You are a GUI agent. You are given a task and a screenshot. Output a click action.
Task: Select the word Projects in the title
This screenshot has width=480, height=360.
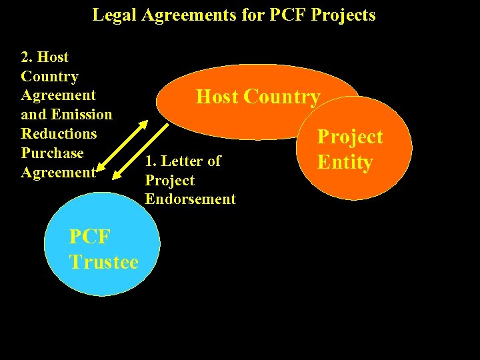tap(343, 15)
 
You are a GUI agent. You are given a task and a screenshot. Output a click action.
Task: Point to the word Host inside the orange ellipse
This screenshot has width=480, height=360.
tap(217, 97)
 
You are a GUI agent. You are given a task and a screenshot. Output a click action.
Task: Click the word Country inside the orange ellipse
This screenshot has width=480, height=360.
tap(281, 97)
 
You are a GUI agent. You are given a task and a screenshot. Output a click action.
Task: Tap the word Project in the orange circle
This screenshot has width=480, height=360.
tap(349, 137)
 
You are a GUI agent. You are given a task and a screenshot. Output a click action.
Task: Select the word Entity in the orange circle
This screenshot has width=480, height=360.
tap(345, 161)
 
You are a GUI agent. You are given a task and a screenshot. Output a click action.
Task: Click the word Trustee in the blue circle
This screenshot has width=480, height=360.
tap(103, 262)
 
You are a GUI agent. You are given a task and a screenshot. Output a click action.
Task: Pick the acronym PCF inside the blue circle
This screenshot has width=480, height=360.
tap(89, 237)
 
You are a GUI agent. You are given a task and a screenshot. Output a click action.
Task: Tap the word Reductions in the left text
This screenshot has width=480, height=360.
tap(59, 134)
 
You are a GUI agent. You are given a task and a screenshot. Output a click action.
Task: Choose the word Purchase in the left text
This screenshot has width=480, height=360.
tap(52, 153)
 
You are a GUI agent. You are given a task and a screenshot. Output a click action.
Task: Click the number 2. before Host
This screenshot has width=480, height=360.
tap(27, 57)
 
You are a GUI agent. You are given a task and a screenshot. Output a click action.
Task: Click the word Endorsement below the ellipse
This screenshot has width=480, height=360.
tap(190, 199)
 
